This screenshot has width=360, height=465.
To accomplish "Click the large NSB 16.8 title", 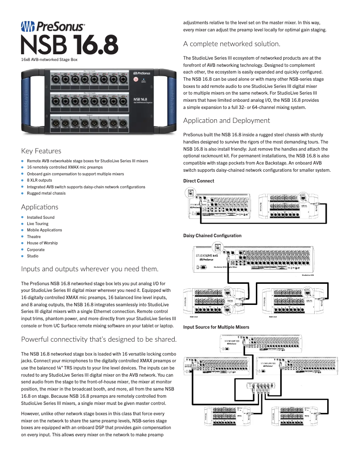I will [70, 45].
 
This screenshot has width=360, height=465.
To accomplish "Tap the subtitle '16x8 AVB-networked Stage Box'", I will [49, 59].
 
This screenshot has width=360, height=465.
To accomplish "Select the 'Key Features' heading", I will [41, 151].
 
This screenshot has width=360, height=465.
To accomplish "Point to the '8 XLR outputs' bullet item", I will [40, 180].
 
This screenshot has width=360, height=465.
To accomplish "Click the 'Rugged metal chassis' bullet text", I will [46, 193].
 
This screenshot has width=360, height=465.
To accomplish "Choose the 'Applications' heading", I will [40, 207].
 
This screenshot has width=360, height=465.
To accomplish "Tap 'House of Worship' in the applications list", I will [42, 243].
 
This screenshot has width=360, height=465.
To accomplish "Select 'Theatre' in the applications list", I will [34, 237].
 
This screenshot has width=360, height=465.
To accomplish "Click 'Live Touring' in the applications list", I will [38, 224].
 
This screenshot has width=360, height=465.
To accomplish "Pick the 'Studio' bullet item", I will [33, 256].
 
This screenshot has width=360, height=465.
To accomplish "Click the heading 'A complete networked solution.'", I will [232, 44].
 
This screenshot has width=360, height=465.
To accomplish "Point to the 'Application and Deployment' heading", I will [227, 121].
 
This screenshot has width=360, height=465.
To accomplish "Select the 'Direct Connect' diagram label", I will [199, 181].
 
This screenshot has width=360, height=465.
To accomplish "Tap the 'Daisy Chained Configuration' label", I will [212, 236].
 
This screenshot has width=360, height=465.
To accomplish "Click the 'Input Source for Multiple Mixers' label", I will [216, 327].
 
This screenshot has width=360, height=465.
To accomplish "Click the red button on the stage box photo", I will [136, 79].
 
